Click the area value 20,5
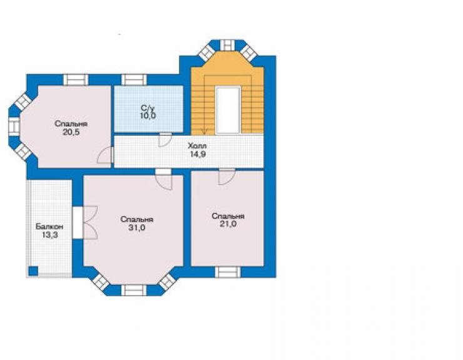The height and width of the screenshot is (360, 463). [x=71, y=132]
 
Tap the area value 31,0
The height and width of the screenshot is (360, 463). [x=137, y=228]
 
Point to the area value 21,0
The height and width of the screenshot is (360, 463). [x=228, y=224]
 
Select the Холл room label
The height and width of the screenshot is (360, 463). [x=197, y=146]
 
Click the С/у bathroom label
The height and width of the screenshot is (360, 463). [x=148, y=108]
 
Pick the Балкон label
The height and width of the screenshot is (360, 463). [x=49, y=227]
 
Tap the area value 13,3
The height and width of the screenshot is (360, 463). [x=49, y=235]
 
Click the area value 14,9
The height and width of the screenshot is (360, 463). [x=198, y=154]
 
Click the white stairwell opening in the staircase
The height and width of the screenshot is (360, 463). [x=228, y=110]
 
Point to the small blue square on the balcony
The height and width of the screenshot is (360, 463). [x=33, y=270]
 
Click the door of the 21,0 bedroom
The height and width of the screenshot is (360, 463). [x=226, y=177]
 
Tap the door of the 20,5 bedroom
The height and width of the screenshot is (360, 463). [x=105, y=155]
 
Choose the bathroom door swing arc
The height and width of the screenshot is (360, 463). [x=165, y=140]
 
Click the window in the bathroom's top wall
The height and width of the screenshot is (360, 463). [x=134, y=80]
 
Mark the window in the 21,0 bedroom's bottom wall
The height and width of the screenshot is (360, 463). [x=227, y=272]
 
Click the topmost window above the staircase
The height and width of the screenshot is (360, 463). [x=227, y=46]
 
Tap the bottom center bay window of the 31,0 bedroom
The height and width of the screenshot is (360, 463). [x=134, y=290]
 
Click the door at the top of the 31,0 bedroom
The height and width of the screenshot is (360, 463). [x=163, y=179]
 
